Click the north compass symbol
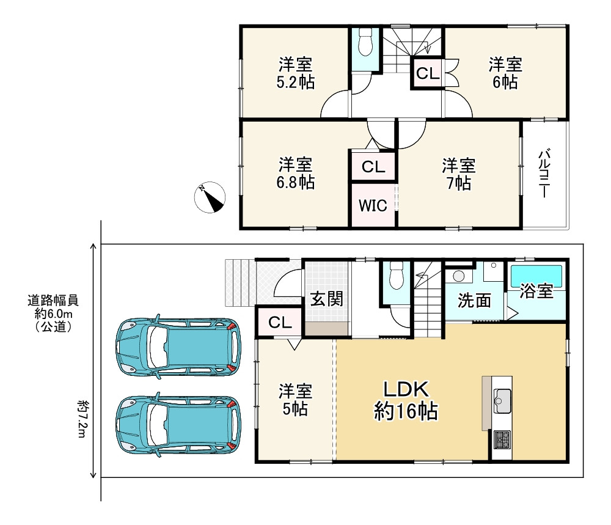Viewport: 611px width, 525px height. pyautogui.click(x=210, y=197)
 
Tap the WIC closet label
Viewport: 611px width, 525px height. pyautogui.click(x=373, y=205)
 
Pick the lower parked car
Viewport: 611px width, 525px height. pyautogui.click(x=178, y=425)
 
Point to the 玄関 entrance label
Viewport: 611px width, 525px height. pyautogui.click(x=326, y=299)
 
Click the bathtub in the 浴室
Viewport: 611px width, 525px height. pyautogui.click(x=536, y=276)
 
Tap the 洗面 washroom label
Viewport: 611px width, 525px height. pyautogui.click(x=474, y=301)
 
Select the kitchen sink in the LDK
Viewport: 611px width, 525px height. pyautogui.click(x=502, y=401)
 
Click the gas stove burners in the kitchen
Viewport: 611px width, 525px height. pyautogui.click(x=502, y=439)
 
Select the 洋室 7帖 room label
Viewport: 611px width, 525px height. pyautogui.click(x=459, y=174)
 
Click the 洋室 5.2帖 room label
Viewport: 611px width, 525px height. pyautogui.click(x=295, y=73)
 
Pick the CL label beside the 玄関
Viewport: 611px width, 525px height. pyautogui.click(x=280, y=322)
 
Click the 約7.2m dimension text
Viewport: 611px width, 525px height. pyautogui.click(x=81, y=418)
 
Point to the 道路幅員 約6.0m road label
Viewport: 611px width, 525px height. pyautogui.click(x=53, y=314)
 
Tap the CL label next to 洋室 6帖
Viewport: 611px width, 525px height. pyautogui.click(x=428, y=73)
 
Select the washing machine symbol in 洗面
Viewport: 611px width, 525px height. pyautogui.click(x=459, y=276)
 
